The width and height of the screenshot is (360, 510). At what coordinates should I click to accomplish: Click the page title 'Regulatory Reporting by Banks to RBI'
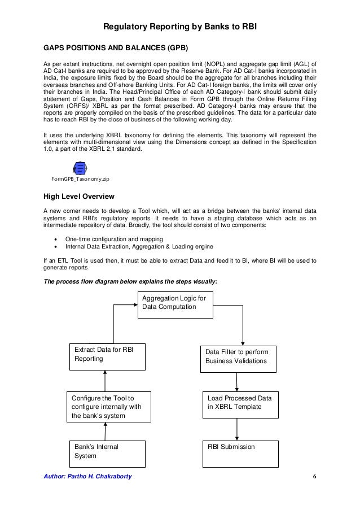(180, 26)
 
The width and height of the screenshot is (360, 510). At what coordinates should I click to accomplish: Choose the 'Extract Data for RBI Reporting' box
(107, 356)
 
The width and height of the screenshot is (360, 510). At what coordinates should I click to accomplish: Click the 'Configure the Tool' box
(108, 406)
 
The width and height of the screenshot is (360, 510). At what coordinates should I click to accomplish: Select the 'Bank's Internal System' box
(108, 454)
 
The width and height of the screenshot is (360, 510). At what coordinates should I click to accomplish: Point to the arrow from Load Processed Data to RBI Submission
(237, 429)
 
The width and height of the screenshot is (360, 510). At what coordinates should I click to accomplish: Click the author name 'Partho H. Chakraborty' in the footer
(100, 476)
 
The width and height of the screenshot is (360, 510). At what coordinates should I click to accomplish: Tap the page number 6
(314, 476)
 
